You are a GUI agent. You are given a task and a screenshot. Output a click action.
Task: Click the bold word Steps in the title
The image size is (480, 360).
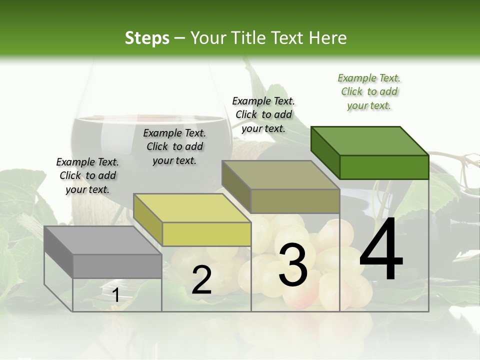pos(147,38)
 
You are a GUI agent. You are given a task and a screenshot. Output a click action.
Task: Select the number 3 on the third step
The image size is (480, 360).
pos(293,265)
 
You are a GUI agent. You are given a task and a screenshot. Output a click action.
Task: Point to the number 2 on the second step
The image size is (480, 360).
pos(201,280)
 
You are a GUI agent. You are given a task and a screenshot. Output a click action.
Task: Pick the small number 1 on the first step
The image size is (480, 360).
pos(115,295)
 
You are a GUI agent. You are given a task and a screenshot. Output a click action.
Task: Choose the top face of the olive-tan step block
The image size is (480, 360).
pos(280,175)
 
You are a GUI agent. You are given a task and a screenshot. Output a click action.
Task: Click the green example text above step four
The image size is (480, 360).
pos(369,92)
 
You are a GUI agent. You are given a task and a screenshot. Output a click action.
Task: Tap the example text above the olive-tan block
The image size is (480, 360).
pos(263,114)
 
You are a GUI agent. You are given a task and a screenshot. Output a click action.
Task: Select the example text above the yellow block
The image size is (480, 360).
pos(174,146)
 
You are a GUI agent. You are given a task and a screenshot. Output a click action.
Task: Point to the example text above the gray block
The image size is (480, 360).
pos(87,175)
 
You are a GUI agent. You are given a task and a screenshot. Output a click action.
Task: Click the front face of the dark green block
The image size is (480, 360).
pos(384,167)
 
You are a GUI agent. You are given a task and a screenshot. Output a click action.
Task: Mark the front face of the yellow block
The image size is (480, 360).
pos(206,234)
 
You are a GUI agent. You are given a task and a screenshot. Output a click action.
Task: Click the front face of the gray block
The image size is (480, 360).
pos(117,266)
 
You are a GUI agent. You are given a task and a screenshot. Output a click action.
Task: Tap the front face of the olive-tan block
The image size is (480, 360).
pos(295,201)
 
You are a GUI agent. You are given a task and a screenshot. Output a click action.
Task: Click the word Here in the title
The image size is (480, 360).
pos(328,38)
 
